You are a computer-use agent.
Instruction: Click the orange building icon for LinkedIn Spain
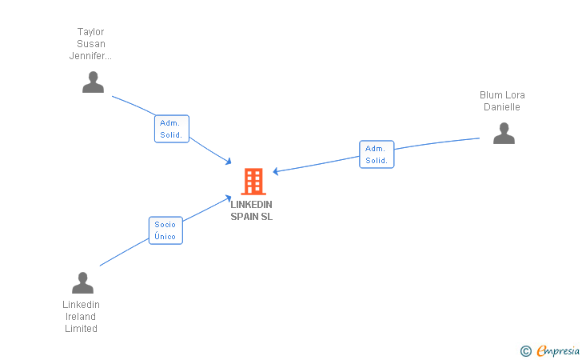pos(253,182)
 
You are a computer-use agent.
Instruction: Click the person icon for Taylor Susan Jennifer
pos(93,82)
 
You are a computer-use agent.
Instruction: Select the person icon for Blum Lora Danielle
pos(504,133)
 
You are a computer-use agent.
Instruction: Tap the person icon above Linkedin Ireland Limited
pos(82,282)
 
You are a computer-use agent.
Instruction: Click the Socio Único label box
pos(165,230)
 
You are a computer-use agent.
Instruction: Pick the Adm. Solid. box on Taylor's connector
pos(171,129)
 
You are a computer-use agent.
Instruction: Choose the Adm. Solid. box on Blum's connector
pos(377,154)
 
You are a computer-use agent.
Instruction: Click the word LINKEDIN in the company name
pos(251,205)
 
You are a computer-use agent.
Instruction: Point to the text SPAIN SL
pos(251,217)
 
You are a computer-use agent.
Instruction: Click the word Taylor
pos(91,32)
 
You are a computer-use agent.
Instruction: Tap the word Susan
pos(91,44)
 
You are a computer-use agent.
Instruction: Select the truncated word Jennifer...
pos(91,56)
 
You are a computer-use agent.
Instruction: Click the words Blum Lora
pos(502,95)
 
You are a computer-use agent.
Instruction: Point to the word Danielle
pos(502,107)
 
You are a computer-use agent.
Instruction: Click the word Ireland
pos(81,317)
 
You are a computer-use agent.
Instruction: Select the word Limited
pos(81,329)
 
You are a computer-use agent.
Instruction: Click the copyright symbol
pos(525,350)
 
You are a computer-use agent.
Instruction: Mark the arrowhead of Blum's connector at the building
pos(275,171)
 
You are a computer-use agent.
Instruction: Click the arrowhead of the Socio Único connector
pos(229,197)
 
